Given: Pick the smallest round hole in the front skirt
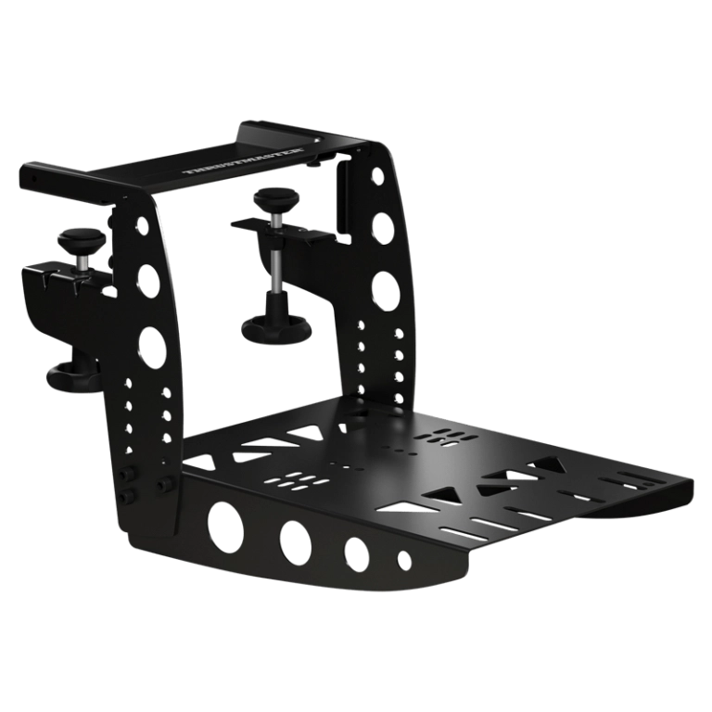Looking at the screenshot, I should coord(403,561).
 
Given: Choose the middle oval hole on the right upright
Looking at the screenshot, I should coord(380,227).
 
